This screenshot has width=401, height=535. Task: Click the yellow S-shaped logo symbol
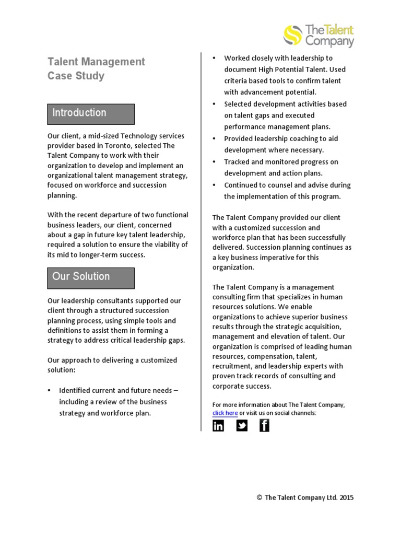click(x=293, y=35)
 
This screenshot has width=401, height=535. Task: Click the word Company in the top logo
click(x=329, y=42)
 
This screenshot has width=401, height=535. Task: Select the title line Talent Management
click(x=96, y=62)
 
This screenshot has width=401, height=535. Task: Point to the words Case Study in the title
click(x=76, y=76)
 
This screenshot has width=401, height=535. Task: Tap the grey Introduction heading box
click(x=91, y=113)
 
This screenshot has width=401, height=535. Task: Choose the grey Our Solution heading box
click(x=91, y=277)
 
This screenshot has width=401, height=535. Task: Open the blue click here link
click(x=225, y=413)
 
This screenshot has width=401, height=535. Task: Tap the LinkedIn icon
click(x=218, y=426)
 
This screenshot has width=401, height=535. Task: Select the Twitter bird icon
click(x=242, y=426)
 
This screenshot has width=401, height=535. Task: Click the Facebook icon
click(x=264, y=426)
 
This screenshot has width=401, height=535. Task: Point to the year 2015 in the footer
click(x=346, y=498)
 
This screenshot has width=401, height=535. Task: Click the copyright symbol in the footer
click(x=260, y=498)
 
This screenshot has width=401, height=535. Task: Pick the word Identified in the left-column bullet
click(x=76, y=390)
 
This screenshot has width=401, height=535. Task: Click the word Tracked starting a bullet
click(x=237, y=162)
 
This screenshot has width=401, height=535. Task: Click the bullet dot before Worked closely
click(x=214, y=58)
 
